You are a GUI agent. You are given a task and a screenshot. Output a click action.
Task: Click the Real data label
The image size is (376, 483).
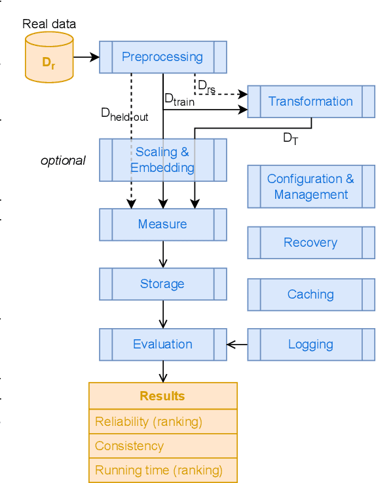coord(49,24)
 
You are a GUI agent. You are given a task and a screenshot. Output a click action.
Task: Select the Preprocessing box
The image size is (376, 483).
coord(162,57)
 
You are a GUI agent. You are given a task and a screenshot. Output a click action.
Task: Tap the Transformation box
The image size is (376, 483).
coord(310,102)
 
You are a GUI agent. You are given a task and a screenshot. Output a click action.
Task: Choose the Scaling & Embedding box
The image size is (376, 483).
coord(162,159)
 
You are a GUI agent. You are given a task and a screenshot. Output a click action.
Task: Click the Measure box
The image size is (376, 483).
coord(162,224)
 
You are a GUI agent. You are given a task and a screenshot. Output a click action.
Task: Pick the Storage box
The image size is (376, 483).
coord(162,284)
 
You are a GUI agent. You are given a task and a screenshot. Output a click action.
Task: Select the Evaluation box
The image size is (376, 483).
coord(162,345)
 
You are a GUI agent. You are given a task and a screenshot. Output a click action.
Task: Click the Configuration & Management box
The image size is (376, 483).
coord(310,186)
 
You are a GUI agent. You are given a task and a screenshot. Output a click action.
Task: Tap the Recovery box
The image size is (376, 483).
coord(310,243)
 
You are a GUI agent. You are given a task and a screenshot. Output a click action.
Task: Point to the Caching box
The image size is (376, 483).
coord(310,295)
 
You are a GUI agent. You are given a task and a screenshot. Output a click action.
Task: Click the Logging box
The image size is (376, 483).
coord(310,345)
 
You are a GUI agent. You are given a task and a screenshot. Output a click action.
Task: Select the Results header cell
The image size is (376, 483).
coord(162,396)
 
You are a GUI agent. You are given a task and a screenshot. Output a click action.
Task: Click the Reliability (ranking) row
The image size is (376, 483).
coord(162,421)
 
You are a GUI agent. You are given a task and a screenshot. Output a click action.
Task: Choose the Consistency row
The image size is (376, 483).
coord(162,446)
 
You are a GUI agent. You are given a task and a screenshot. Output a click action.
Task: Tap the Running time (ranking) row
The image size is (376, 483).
coord(162,471)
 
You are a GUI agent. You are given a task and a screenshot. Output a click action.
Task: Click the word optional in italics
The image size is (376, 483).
coord(63,160)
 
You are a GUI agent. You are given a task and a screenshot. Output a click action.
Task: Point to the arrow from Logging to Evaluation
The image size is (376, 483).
coord(237,345)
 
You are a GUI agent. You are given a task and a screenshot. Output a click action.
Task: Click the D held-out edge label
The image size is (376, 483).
coord(124,114)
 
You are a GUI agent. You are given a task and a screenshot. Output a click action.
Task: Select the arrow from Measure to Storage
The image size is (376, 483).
coord(162,254)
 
